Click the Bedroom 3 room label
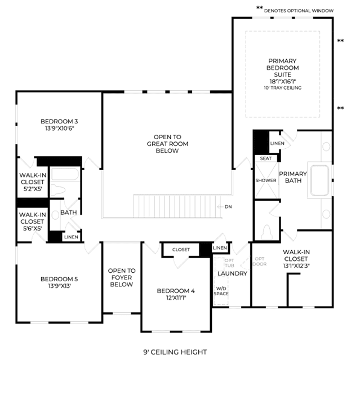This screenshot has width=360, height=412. click(59, 121)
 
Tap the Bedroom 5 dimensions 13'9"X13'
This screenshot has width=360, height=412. click(59, 286)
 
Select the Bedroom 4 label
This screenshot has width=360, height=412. click(176, 291)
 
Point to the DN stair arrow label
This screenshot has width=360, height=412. click(228, 207)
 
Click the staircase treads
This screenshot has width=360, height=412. click(177, 206)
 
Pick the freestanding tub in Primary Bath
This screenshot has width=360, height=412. click(319, 180)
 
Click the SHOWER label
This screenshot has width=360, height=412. click(266, 180)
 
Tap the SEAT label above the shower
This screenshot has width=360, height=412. click(265, 158)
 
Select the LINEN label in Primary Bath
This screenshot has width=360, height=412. click(277, 143)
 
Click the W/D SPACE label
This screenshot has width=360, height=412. click(221, 291)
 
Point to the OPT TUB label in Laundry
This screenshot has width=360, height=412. click(229, 263)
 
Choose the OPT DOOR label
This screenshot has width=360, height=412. click(259, 262)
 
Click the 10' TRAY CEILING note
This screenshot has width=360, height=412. click(283, 88)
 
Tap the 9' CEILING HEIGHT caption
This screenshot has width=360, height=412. click(175, 352)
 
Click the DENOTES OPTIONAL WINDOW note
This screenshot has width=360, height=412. click(299, 11)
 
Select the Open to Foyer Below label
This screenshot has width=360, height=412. click(122, 277)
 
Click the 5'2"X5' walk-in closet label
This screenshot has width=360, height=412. click(33, 189)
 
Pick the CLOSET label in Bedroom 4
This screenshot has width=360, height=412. click(181, 250)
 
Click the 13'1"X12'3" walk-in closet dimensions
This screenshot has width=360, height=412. click(296, 265)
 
